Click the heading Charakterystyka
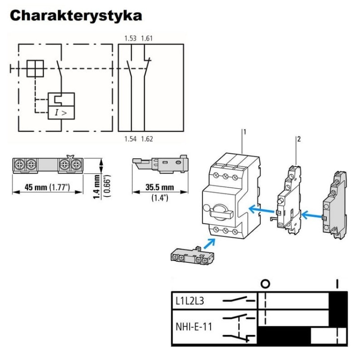coord(76,15)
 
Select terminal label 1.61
coord(147,38)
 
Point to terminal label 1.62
coord(147,139)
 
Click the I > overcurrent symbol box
coord(61,113)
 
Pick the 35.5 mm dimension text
coord(160,187)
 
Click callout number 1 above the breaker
coord(245,132)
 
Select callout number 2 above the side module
coord(299,139)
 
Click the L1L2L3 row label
coord(190,301)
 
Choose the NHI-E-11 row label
coord(194,327)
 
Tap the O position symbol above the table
coord(265,284)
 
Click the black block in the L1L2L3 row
coord(338,301)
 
